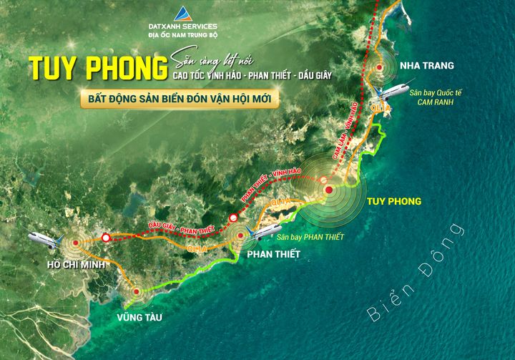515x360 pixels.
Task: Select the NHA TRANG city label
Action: [x=427, y=65]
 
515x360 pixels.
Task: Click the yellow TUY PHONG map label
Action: [x=393, y=201]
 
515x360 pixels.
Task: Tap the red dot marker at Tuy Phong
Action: [x=328, y=190]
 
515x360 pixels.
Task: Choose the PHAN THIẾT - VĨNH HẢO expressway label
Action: [x=271, y=183]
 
